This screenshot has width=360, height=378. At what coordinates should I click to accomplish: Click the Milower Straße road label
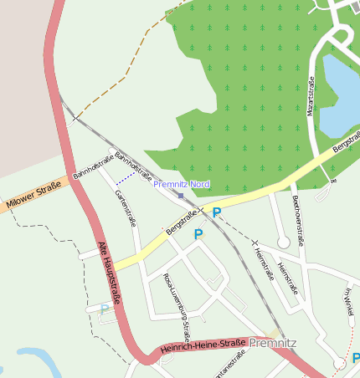33,193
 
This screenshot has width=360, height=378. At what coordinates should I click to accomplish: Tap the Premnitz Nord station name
182,184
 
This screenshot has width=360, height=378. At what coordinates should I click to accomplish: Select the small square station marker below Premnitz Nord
181,196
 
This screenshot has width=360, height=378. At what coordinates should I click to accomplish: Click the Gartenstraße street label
124,207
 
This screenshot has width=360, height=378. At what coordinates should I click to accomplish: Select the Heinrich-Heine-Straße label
203,345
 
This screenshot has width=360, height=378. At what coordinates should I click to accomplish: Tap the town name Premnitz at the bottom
272,343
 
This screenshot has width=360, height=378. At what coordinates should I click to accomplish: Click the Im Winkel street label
349,302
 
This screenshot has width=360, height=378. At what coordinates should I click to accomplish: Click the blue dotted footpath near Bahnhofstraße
126,177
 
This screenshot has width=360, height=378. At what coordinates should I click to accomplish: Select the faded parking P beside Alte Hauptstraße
104,309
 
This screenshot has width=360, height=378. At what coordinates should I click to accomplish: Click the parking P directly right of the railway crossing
217,212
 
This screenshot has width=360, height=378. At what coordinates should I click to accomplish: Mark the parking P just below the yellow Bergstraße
198,235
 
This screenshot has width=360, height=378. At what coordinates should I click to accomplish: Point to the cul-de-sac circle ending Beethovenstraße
283,242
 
